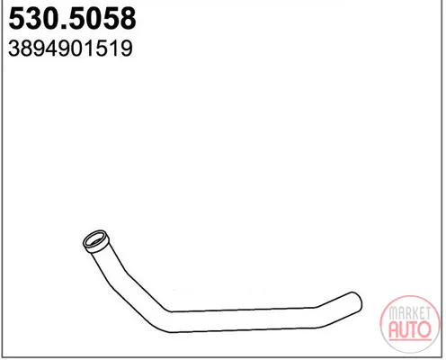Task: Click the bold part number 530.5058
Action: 72,18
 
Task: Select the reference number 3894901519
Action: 70,49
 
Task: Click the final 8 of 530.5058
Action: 128,18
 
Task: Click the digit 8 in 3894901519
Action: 27,49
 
